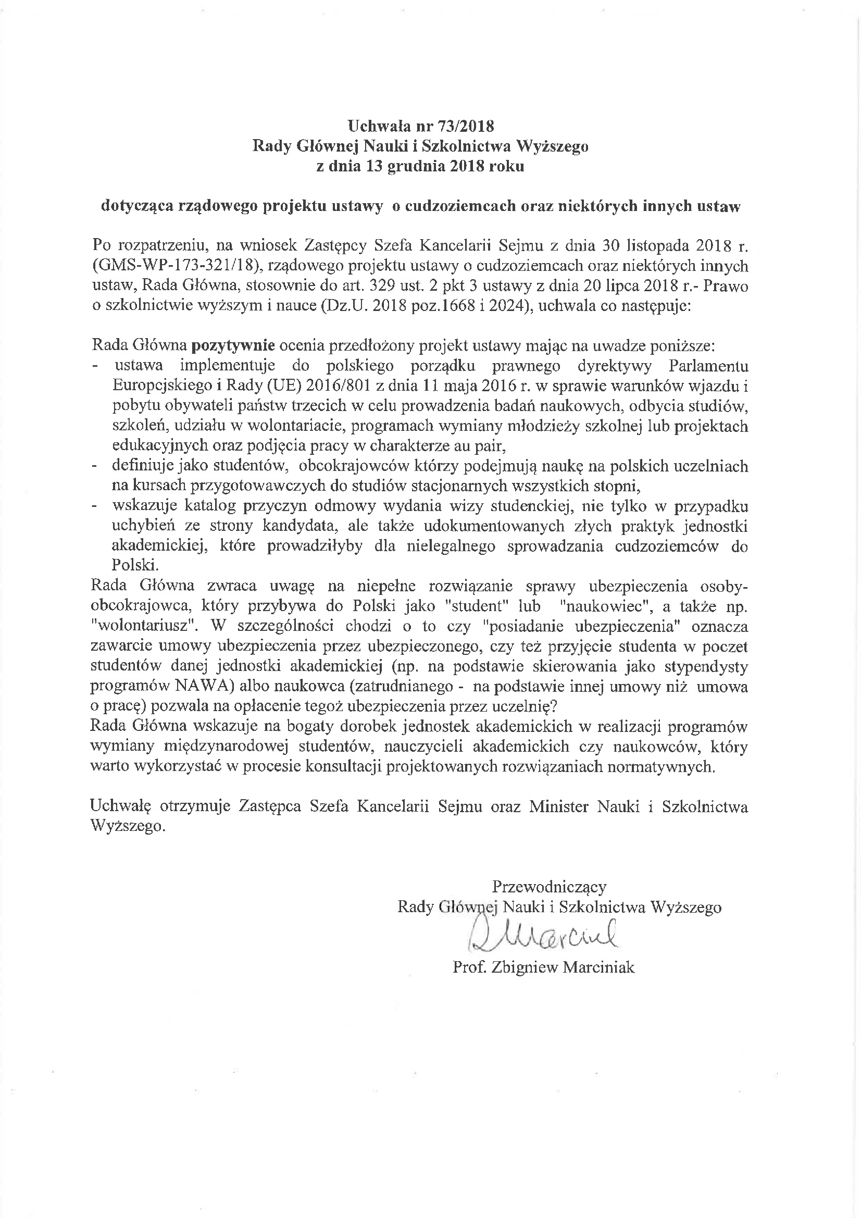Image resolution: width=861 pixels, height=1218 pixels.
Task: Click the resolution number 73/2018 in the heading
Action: click(x=465, y=126)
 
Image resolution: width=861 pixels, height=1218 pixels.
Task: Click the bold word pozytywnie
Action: click(x=232, y=346)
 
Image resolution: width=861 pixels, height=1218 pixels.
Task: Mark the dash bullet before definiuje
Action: click(x=95, y=467)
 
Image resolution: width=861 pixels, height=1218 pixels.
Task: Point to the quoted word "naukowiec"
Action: click(x=591, y=606)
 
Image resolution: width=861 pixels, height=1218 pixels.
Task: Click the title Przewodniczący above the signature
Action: click(x=549, y=887)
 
